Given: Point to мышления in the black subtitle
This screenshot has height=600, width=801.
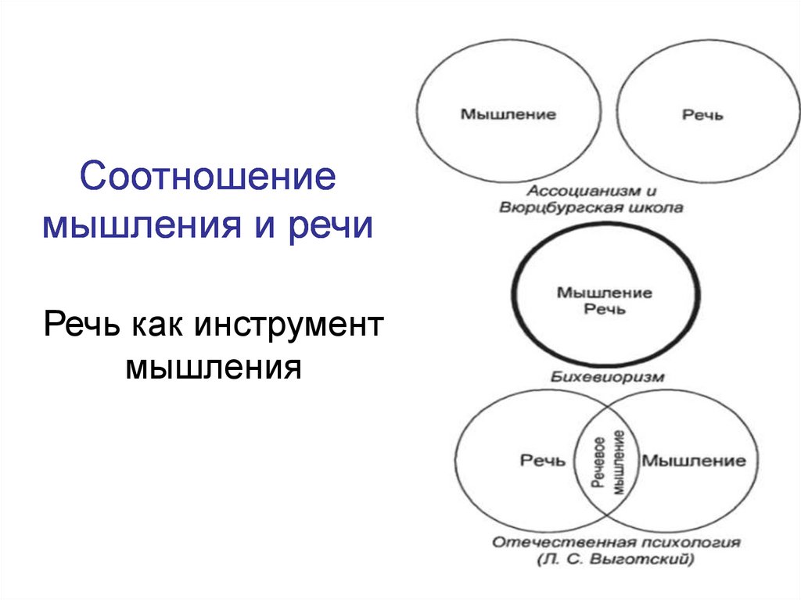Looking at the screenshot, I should click(213, 365).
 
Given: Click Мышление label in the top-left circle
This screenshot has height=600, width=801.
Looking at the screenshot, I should click(508, 114).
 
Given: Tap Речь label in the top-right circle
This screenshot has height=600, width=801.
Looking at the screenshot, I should click(703, 115).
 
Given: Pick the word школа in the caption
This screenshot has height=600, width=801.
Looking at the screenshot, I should click(658, 208).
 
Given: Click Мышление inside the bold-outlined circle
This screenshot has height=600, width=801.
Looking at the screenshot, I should click(604, 293).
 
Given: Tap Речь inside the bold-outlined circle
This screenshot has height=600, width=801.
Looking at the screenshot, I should click(605, 309).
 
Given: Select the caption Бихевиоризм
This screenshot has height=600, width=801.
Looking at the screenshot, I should click(607, 377).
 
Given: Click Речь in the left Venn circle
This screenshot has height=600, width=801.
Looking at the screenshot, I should click(542, 461).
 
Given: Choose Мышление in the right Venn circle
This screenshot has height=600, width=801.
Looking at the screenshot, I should click(694, 461).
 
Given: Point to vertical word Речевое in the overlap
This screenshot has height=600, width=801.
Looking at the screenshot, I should click(599, 462).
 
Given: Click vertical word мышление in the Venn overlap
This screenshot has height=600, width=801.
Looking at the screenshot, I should click(617, 462).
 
